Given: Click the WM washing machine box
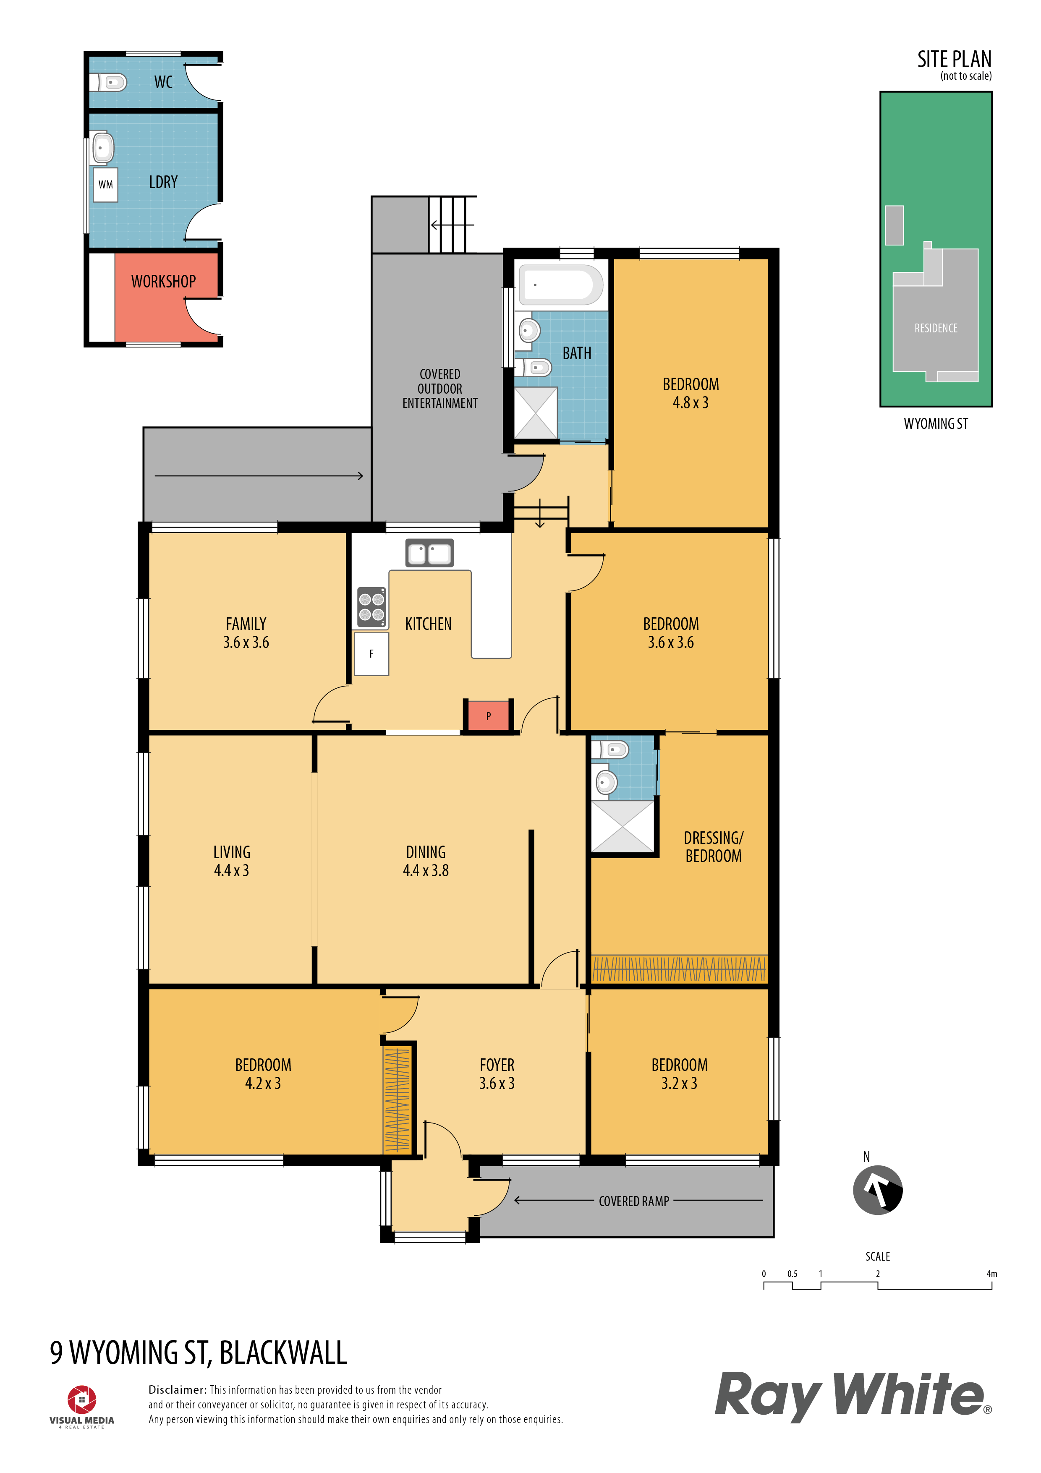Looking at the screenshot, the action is pos(105,185).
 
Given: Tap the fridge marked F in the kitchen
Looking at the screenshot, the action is pos(371,654).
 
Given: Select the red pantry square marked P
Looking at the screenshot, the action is pos(489,716).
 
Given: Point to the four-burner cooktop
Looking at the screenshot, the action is pos(371,607).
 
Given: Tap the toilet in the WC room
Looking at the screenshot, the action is pos(108,82).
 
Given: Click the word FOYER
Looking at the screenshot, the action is pos(497,1065).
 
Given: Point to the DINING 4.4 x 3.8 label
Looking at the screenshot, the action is pos(426,861).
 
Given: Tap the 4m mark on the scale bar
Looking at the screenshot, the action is pos(991,1274).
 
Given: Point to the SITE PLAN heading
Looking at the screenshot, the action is pos(955,60).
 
